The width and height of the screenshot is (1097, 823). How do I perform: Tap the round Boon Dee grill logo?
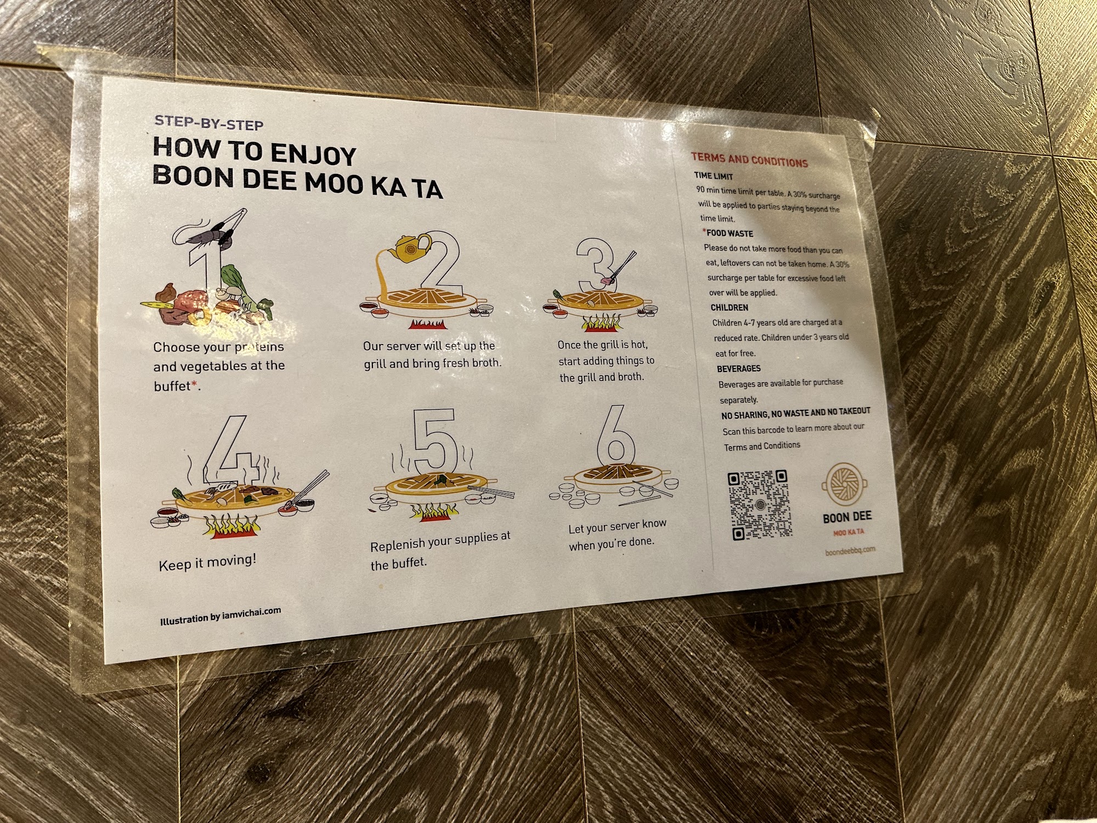pos(844,483)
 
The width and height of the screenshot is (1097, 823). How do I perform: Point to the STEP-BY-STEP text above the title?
pos(209,123)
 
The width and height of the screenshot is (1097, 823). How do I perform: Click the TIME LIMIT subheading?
pos(713,176)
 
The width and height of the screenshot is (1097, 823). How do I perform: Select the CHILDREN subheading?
pos(730,308)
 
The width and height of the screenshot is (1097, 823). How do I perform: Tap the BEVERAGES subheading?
pos(739,369)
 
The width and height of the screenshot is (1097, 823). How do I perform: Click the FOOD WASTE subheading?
pos(729,233)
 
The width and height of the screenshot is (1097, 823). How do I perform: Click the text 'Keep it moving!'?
pos(207,562)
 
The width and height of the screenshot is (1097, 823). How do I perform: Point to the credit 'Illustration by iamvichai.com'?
pos(220,616)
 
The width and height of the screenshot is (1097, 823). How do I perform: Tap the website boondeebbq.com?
pos(850,550)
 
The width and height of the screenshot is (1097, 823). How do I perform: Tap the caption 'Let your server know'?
pos(618,526)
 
